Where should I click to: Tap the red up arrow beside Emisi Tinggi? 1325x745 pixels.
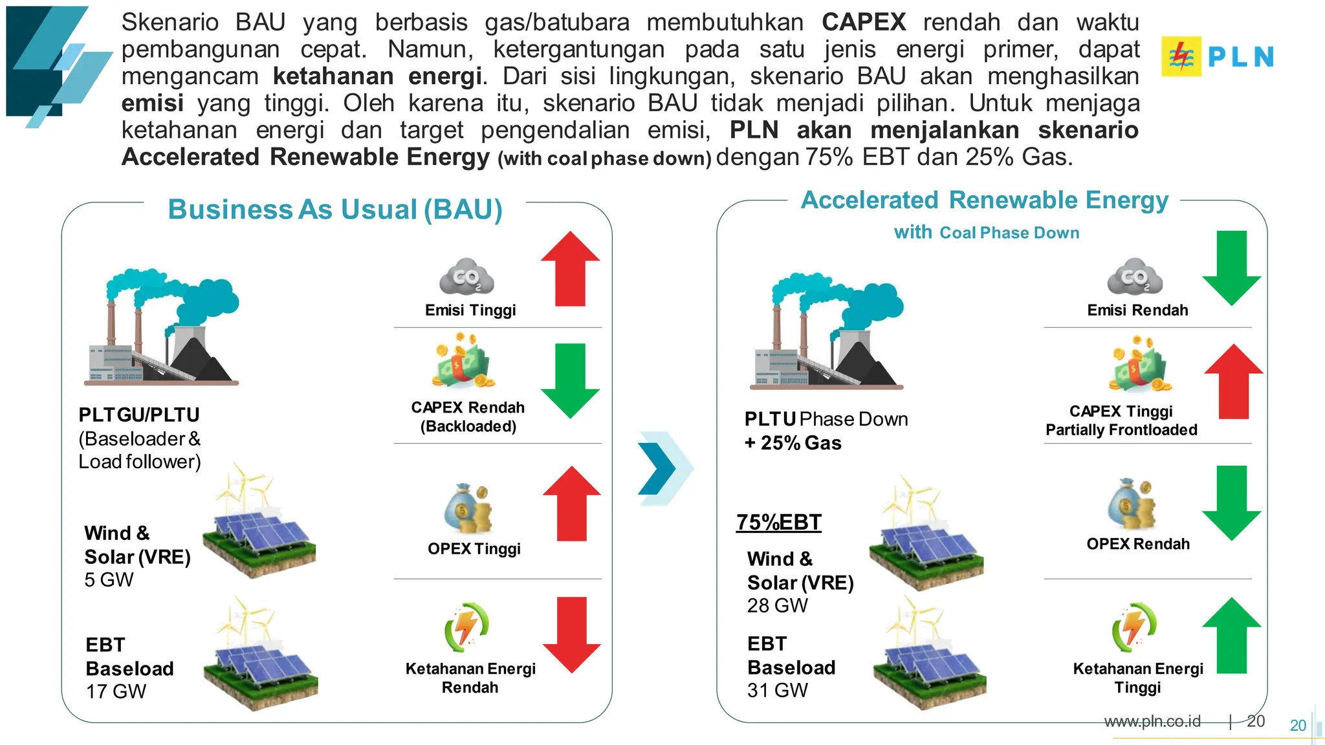[x=570, y=270]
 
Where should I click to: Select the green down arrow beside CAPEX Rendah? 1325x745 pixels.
[x=570, y=380]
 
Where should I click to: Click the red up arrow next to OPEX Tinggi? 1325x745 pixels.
[x=571, y=504]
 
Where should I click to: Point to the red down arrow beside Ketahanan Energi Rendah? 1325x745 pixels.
[x=571, y=634]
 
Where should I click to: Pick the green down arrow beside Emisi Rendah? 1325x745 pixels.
[x=1231, y=267]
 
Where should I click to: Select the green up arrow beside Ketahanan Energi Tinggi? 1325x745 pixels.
[x=1231, y=636]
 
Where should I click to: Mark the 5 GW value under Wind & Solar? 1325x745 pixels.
[x=109, y=579]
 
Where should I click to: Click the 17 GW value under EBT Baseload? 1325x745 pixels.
[x=116, y=691]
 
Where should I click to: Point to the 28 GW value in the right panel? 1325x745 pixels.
[x=777, y=605]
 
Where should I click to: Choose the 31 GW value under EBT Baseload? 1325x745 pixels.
[x=777, y=690]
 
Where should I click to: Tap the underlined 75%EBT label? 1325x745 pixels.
[x=778, y=523]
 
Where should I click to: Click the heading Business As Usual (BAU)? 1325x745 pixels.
[x=335, y=210]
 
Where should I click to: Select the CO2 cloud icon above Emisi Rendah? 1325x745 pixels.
[x=1135, y=277]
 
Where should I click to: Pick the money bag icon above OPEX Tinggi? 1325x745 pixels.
[x=467, y=508]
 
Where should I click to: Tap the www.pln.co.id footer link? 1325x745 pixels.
[x=1152, y=722]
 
